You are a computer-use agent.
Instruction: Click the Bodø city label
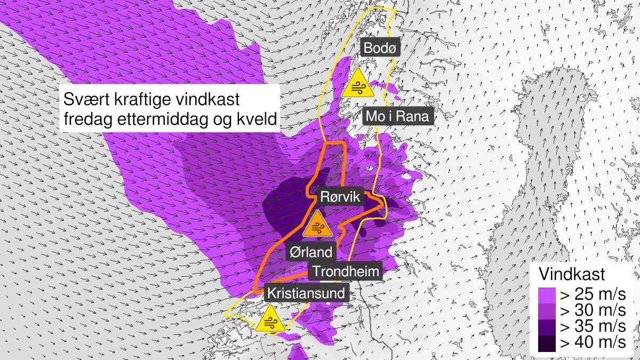380,48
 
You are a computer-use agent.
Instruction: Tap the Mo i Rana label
398,116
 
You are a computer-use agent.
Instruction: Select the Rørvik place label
341,197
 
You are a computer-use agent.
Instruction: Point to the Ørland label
311,251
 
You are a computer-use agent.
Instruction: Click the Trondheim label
346,271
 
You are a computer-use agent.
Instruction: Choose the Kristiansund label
306,293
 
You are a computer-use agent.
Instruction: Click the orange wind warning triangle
317,225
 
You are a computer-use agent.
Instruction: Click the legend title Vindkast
571,275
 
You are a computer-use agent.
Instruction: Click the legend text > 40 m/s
591,343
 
